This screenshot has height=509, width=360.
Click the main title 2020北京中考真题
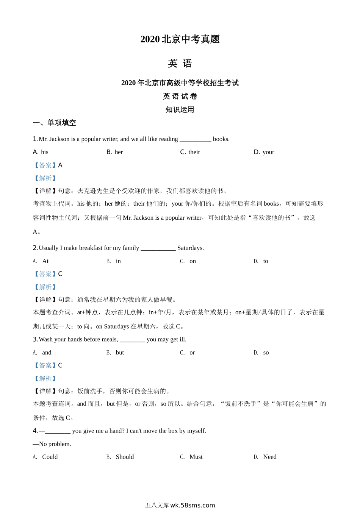tap(180, 39)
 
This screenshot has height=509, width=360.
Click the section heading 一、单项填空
tap(55, 123)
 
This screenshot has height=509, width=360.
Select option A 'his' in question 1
tap(44, 152)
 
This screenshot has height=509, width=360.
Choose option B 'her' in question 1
tap(119, 152)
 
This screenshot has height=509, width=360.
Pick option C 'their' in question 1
tap(194, 152)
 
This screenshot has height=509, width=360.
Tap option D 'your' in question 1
tap(268, 152)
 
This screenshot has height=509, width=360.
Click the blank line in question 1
tap(195, 140)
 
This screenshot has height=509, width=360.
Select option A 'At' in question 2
tap(45, 261)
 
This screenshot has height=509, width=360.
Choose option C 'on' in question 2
tap(193, 261)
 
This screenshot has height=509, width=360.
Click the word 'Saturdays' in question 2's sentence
tap(190, 248)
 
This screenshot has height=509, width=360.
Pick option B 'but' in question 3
tap(120, 352)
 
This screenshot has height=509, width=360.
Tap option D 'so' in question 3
tap(266, 352)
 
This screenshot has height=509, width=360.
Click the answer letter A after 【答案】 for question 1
tap(60, 165)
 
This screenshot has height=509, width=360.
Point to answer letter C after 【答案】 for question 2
tap(60, 274)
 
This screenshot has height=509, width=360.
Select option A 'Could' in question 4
tap(50, 457)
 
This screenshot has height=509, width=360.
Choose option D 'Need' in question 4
tap(269, 457)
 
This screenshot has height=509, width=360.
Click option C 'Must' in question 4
tap(196, 457)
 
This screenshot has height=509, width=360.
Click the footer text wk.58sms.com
tap(193, 505)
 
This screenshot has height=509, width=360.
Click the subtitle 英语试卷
tap(180, 96)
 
